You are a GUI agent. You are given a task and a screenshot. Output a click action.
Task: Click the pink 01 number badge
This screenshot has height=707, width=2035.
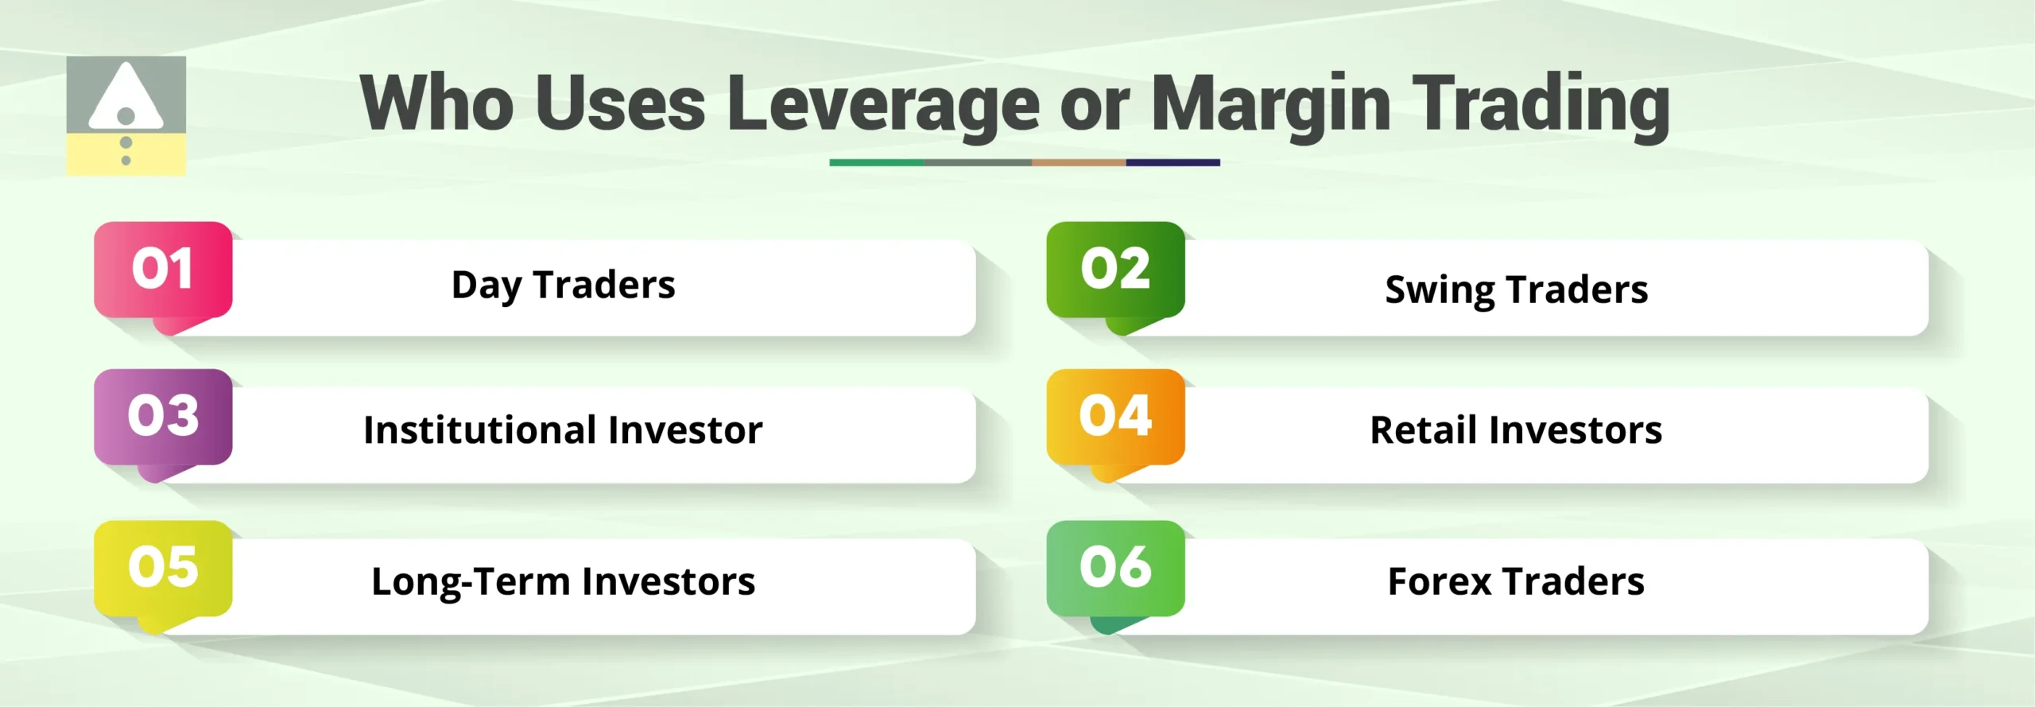point(163,270)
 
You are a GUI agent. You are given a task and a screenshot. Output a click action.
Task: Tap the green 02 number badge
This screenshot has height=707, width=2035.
point(1115,270)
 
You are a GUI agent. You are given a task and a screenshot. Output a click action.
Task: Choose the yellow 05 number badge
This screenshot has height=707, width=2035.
point(163,568)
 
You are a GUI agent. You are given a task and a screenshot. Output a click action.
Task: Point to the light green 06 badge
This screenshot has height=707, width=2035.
point(1115,568)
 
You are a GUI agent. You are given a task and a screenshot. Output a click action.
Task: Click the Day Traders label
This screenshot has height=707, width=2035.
point(563,286)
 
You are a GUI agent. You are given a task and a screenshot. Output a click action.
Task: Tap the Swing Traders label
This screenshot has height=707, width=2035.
point(1516,289)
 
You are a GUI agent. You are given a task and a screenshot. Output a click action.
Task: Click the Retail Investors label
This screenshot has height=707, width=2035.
point(1516,430)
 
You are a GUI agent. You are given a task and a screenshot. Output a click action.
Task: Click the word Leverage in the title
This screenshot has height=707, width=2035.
point(882,105)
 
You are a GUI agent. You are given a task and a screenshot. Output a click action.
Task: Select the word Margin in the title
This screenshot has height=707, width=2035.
point(1270,105)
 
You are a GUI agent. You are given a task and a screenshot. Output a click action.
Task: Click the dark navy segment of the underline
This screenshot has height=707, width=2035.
point(1173,162)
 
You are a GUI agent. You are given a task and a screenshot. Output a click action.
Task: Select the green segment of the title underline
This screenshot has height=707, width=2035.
point(876,162)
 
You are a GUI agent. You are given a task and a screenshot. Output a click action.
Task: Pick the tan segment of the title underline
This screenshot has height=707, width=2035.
point(1078,162)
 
